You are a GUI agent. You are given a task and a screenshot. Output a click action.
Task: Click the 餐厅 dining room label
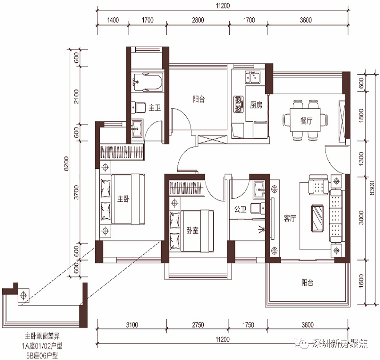click(306, 120)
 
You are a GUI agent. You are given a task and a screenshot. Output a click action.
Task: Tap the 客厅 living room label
click(290, 218)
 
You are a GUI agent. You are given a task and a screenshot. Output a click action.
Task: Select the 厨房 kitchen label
click(256, 105)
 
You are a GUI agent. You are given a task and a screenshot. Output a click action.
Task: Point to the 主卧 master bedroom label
click(123, 199)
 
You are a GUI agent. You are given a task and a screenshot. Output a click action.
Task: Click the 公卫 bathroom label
click(240, 209)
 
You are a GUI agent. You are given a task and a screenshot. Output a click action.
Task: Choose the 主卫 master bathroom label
click(154, 108)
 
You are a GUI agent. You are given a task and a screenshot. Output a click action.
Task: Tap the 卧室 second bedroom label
click(192, 230)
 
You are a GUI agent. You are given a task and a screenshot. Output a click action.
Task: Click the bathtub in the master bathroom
click(147, 83)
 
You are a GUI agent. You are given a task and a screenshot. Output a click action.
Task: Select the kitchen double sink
click(253, 77)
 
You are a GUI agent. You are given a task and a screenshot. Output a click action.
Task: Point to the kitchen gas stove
click(239, 104)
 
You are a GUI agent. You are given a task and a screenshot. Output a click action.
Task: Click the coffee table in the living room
click(317, 217)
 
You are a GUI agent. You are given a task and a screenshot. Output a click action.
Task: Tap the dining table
click(305, 120)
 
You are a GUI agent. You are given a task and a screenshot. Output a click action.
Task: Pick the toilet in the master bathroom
click(138, 107)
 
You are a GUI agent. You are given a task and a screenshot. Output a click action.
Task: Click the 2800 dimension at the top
click(198, 20)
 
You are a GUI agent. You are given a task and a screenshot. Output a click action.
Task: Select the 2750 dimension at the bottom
click(198, 324)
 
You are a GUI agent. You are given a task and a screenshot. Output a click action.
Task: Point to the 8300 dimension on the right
click(372, 188)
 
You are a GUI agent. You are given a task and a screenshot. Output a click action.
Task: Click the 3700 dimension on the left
click(77, 192)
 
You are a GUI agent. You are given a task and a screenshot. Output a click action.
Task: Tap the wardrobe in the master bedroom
click(122, 152)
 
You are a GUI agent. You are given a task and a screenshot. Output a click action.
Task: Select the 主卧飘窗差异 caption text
click(42, 336)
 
